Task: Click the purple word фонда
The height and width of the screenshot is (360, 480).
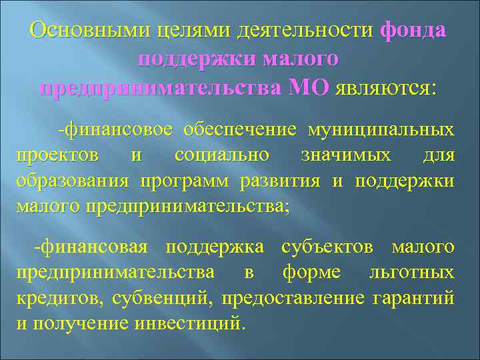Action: [414, 31]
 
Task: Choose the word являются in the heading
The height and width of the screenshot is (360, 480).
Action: [387, 89]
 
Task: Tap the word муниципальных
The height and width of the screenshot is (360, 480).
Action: [381, 130]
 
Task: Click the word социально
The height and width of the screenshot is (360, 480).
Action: [221, 155]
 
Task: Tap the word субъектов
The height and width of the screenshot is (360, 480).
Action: [329, 247]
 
